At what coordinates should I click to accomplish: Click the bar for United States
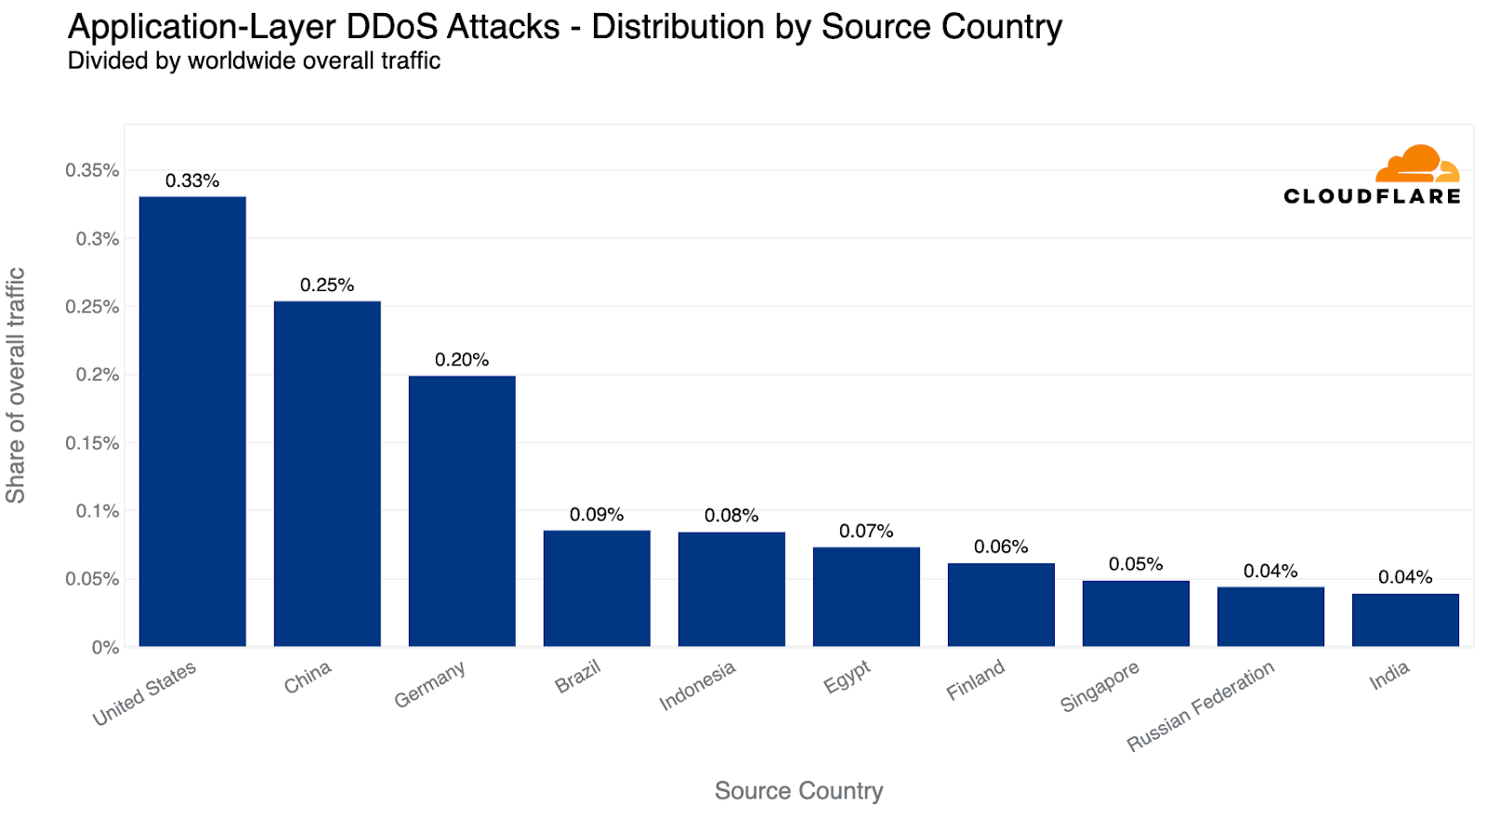[192, 421]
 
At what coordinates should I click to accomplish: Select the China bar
[327, 473]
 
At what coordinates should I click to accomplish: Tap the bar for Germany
[462, 510]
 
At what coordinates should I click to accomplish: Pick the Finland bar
[1001, 604]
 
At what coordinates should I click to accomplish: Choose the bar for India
[1405, 619]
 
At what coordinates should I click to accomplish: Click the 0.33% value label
[192, 181]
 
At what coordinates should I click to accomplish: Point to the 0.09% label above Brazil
[597, 515]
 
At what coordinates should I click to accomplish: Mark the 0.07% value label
[866, 532]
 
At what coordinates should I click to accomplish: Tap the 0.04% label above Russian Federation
[1270, 572]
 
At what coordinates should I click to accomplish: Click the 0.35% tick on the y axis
[92, 171]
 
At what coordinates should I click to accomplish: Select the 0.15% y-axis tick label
[92, 443]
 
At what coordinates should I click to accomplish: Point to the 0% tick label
[105, 648]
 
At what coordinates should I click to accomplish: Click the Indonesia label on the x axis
[697, 686]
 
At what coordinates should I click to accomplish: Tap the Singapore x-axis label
[1099, 688]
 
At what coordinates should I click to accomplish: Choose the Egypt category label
[847, 677]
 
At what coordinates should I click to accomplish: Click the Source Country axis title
[798, 791]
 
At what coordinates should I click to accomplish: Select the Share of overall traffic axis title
[16, 386]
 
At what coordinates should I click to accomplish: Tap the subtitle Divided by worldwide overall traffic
[254, 61]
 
